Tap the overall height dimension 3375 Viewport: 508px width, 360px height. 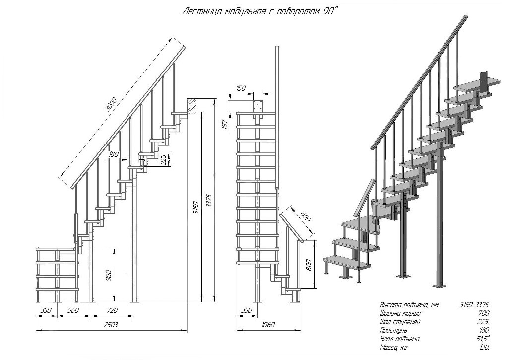point(209,201)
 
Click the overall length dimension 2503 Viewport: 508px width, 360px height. point(112,325)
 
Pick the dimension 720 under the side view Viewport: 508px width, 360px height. point(112,310)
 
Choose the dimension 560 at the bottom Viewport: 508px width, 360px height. point(73,310)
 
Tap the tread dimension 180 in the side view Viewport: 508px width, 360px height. point(114,154)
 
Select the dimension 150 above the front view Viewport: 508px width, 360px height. point(241,88)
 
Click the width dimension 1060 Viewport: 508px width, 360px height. point(268,325)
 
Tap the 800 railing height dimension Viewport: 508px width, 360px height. point(309,265)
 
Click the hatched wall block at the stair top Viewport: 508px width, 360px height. point(192,106)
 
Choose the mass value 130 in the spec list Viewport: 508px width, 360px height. point(484,348)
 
